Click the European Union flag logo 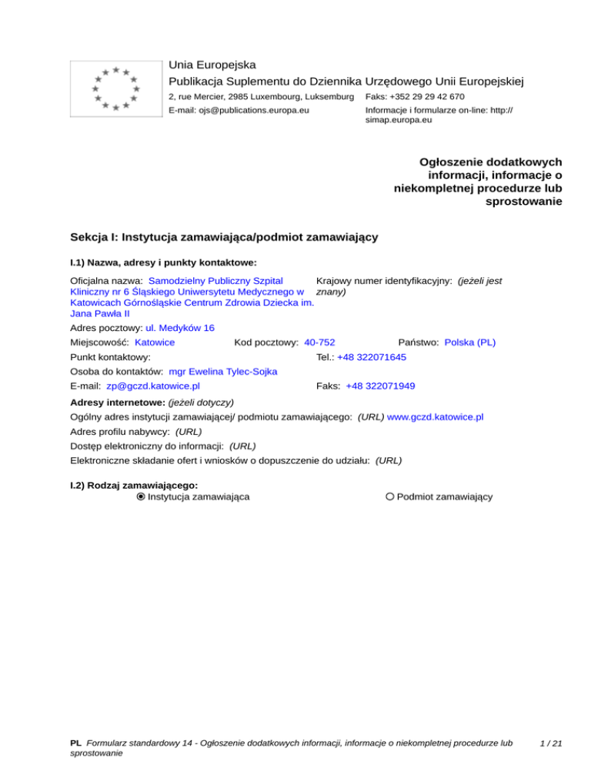coord(115,88)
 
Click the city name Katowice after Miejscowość coord(155,342)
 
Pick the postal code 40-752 coord(319,342)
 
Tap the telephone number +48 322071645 coord(372,358)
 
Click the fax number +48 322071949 coord(380,386)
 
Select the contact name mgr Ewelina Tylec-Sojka coord(223,372)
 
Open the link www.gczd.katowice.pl coord(435,416)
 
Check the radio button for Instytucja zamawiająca coord(141,497)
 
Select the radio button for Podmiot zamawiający coord(390,497)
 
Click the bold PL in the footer coord(75,743)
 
